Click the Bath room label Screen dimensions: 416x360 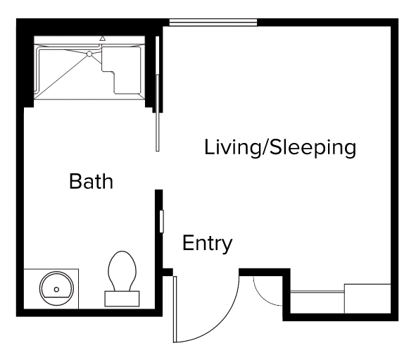click(91, 181)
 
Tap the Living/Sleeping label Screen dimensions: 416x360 click(280, 148)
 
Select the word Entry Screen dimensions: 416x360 click(207, 243)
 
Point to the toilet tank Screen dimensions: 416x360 click(122, 299)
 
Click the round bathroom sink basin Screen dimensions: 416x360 click(56, 288)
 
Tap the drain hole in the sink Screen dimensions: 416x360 click(56, 290)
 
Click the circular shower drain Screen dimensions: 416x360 click(89, 54)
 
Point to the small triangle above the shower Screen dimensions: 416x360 click(102, 39)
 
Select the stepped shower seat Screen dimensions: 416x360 click(120, 70)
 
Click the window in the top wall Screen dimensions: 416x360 click(213, 23)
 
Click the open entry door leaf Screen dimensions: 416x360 click(175, 309)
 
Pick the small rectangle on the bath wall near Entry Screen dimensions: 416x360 click(162, 221)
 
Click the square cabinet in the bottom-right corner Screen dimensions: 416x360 click(367, 299)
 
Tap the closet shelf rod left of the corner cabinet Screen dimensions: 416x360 click(317, 292)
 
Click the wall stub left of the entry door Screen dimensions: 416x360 click(168, 272)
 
